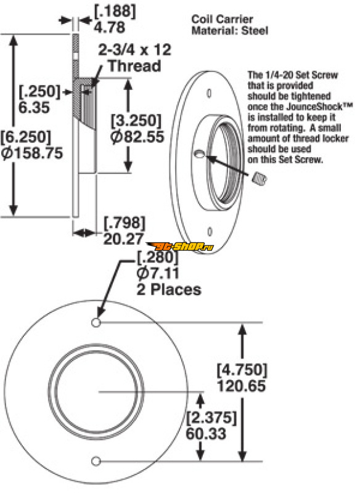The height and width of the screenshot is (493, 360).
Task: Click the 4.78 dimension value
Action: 109,27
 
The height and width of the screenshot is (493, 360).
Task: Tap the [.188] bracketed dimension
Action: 115,11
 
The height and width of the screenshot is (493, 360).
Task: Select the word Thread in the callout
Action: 134,66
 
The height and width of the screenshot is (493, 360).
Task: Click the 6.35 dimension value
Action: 34,107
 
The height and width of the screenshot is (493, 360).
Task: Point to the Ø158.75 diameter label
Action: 32,153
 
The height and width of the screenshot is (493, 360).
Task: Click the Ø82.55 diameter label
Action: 137,137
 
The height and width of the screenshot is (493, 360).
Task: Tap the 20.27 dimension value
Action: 123,239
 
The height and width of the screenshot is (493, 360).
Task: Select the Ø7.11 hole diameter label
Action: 158,273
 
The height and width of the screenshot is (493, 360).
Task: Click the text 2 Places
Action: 169,289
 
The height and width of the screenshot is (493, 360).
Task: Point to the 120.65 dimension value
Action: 242,386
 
